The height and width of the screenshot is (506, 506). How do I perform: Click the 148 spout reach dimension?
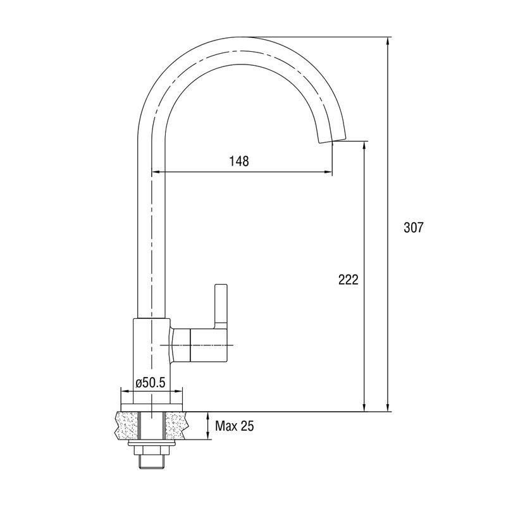coord(239,161)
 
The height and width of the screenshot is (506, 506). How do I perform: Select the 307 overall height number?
coord(413,228)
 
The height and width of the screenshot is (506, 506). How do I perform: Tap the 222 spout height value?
coord(349,280)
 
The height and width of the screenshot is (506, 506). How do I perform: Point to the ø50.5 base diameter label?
coord(151,383)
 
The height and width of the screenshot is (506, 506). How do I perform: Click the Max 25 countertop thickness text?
coord(235,426)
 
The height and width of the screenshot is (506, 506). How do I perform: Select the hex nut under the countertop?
coord(151,451)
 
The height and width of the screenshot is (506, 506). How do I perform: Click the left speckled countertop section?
coord(128,425)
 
